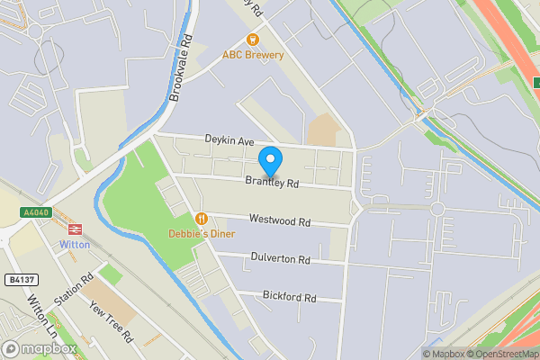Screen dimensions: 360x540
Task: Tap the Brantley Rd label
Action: (x=274, y=183)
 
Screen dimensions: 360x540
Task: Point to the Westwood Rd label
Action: (x=280, y=220)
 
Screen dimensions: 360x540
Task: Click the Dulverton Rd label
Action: (x=279, y=259)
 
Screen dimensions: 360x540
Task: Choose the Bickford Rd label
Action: (x=290, y=296)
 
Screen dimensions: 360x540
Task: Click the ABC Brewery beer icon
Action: (x=253, y=39)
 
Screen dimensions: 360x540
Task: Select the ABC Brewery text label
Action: (x=253, y=55)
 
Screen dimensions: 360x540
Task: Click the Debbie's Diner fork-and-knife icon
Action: (x=202, y=219)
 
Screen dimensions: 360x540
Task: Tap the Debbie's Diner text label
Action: (x=202, y=234)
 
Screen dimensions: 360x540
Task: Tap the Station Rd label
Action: (x=74, y=290)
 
